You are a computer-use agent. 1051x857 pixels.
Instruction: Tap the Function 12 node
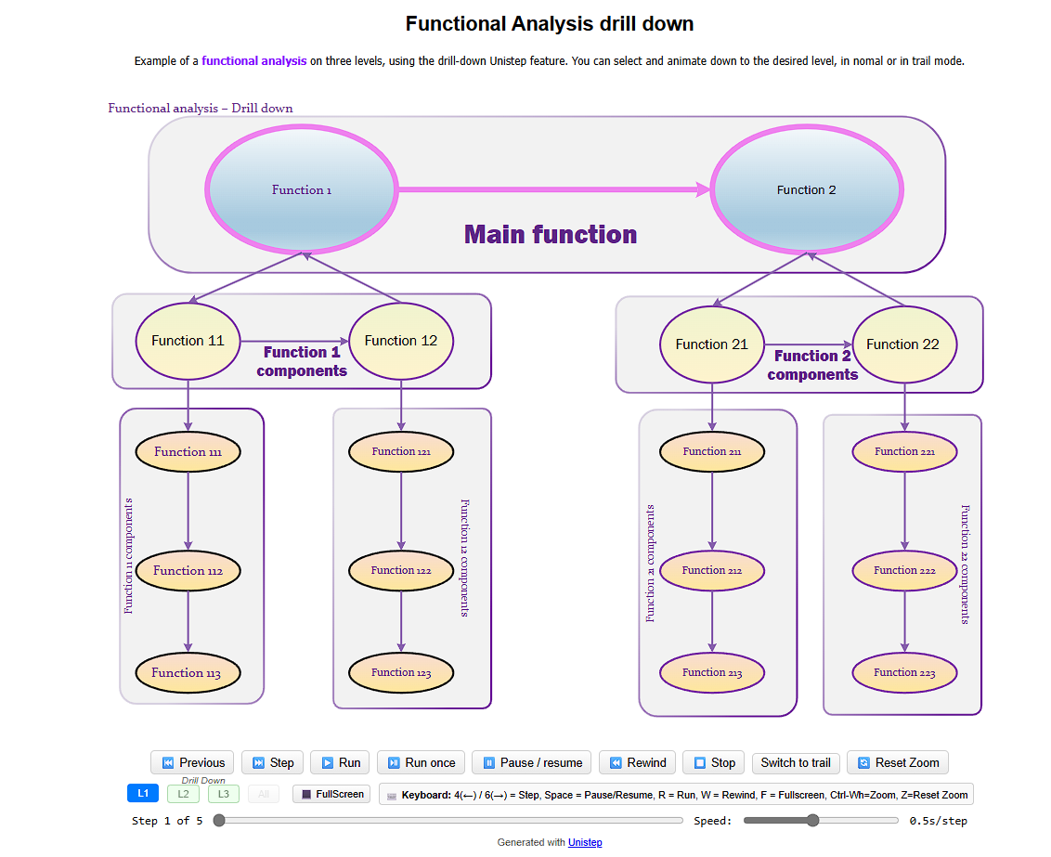click(400, 341)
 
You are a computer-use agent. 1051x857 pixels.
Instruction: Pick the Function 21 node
click(711, 344)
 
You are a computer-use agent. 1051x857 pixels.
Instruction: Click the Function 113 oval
click(188, 673)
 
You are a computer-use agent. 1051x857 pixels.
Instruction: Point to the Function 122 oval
click(401, 571)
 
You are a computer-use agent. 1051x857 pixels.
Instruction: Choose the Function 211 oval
click(711, 452)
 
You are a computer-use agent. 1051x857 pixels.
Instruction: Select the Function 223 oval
click(904, 673)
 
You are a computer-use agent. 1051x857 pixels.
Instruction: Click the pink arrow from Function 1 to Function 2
click(552, 189)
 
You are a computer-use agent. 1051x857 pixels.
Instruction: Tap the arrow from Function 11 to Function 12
click(293, 341)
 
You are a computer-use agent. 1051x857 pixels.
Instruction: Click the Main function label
click(551, 235)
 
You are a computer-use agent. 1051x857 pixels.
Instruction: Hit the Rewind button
click(637, 763)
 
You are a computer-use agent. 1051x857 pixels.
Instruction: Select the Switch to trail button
click(795, 763)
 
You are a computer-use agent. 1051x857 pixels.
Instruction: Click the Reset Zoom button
click(898, 763)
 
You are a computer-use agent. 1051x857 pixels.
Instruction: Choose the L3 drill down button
click(224, 794)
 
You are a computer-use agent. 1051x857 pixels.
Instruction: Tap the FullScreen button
click(331, 794)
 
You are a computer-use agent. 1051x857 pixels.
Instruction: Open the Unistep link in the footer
click(585, 842)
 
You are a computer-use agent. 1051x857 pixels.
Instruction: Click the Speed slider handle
click(813, 820)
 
